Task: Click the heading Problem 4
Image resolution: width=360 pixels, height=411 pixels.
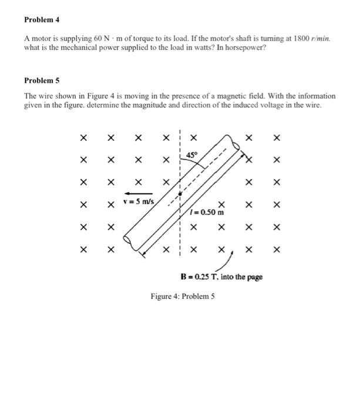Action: click(42, 19)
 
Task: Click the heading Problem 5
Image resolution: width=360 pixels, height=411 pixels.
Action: click(42, 80)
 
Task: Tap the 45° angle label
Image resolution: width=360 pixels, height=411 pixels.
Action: click(192, 154)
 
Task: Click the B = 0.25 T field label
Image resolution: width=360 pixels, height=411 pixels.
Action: click(221, 275)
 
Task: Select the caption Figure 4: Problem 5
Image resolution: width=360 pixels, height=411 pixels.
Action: click(183, 297)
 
